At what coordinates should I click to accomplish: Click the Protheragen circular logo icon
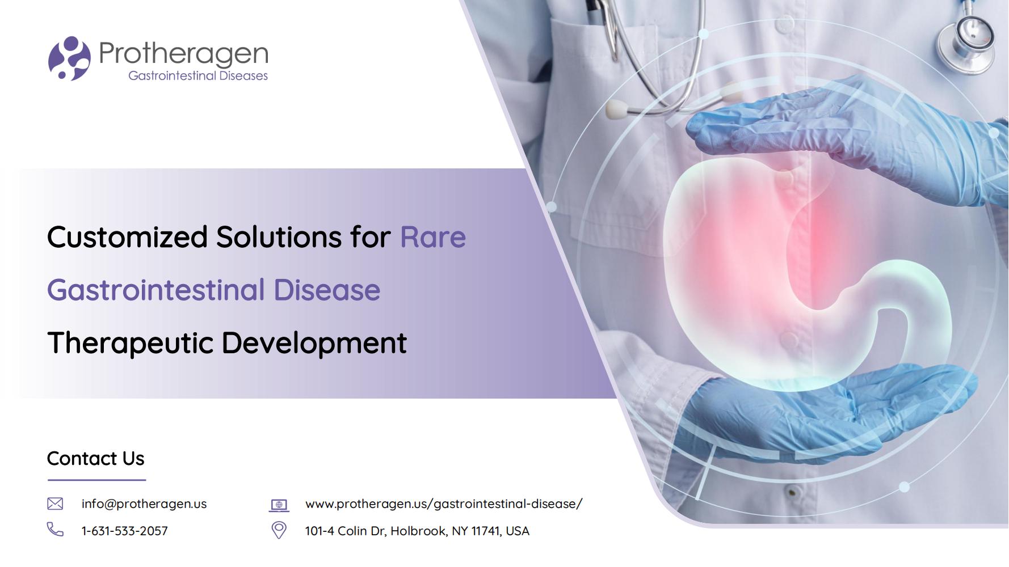click(69, 58)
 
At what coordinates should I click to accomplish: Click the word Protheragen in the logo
click(183, 54)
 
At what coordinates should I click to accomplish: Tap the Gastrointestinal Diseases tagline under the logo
click(198, 76)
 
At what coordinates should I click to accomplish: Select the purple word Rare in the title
click(433, 237)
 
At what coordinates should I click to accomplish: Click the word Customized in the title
click(127, 237)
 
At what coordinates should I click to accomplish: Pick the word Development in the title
click(314, 344)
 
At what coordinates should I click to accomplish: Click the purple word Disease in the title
click(327, 290)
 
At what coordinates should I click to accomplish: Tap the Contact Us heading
click(95, 458)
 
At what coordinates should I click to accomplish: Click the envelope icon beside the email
click(55, 503)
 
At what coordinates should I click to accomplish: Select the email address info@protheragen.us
click(144, 503)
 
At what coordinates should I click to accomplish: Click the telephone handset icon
click(55, 530)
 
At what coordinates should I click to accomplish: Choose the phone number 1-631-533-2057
click(125, 531)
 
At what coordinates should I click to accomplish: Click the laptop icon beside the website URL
click(279, 505)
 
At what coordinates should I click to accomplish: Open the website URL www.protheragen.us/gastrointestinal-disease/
click(444, 503)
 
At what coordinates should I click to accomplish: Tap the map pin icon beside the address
click(279, 530)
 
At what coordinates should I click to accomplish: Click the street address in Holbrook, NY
click(417, 531)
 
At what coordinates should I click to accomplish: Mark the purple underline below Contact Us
click(96, 480)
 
